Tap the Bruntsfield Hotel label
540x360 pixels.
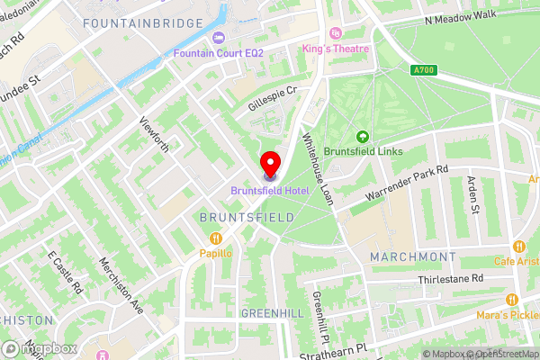pos(270,190)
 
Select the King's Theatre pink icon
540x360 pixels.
pos(336,33)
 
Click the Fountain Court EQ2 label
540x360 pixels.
pos(220,53)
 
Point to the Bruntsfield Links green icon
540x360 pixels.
pos(363,137)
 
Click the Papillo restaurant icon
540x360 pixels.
pos(216,238)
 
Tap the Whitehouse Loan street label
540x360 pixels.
pos(317,168)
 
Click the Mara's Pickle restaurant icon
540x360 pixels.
pos(511,300)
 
